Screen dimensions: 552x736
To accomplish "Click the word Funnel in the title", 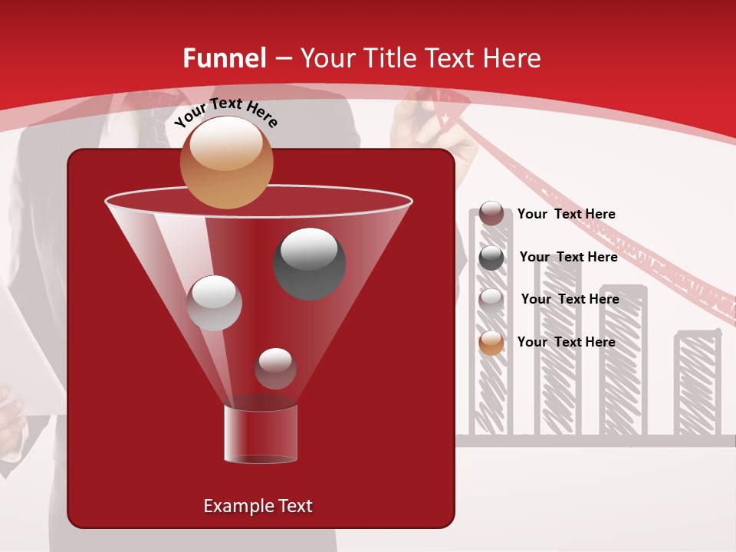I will pos(225,58).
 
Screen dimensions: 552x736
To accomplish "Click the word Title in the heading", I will pos(389,58).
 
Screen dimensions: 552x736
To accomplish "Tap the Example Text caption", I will pos(258,506).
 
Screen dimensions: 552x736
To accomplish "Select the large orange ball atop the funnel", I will pos(226,163).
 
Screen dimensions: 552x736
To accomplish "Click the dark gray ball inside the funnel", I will pos(310,263).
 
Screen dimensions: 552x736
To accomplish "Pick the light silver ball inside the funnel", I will pos(214,303).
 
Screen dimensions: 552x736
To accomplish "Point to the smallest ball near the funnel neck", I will pos(275,369).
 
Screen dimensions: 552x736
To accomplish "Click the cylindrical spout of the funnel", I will pos(261,434).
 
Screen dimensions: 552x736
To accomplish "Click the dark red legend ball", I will pos(491,214).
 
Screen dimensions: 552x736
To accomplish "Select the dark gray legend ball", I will pos(491,258).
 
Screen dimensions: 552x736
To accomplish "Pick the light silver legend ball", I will pos(491,300).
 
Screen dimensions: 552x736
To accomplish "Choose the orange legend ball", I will pos(491,343).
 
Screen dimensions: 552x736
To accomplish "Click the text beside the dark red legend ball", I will pos(566,215).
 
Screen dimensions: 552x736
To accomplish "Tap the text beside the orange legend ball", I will pos(566,342).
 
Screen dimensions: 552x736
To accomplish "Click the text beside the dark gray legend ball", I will pos(568,257).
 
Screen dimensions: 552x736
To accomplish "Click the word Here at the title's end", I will pos(513,58).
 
